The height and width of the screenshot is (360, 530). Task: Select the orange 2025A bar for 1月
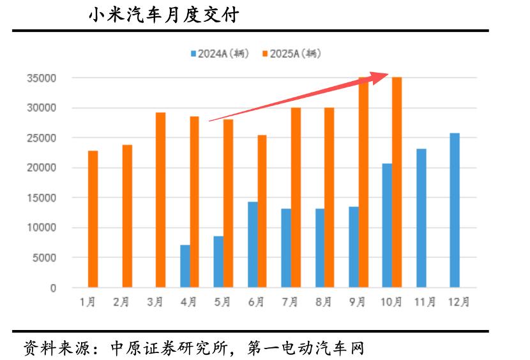coord(93,219)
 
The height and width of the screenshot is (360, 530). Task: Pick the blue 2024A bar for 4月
coord(185,266)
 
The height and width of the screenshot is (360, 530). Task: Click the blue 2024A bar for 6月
coord(252,244)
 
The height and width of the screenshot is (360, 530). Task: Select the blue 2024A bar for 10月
coord(387,225)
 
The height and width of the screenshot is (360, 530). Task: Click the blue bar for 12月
coord(454,210)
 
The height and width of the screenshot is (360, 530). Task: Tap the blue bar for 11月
coord(421,218)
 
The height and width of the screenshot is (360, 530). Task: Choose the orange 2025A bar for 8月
coord(329,197)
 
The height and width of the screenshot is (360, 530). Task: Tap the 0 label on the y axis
coord(53,288)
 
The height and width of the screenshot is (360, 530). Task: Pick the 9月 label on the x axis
coord(358,303)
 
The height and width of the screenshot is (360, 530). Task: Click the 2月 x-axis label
coord(122,303)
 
